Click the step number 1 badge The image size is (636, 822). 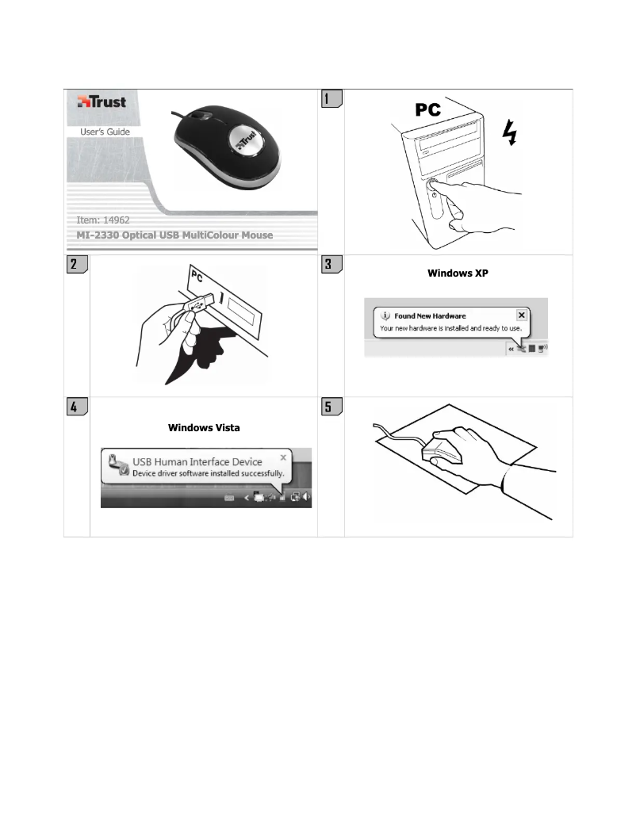click(x=331, y=99)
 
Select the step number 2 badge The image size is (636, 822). click(x=75, y=265)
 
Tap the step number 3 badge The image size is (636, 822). click(x=331, y=265)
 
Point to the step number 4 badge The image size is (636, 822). click(x=75, y=407)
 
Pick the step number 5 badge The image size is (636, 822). click(x=331, y=407)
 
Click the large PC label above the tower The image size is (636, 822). click(x=436, y=111)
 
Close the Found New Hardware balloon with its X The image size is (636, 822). click(x=521, y=315)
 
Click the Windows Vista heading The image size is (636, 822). click(x=204, y=427)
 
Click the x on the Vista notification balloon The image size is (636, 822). click(x=283, y=458)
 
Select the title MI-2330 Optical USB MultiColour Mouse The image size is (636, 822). click(x=170, y=235)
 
